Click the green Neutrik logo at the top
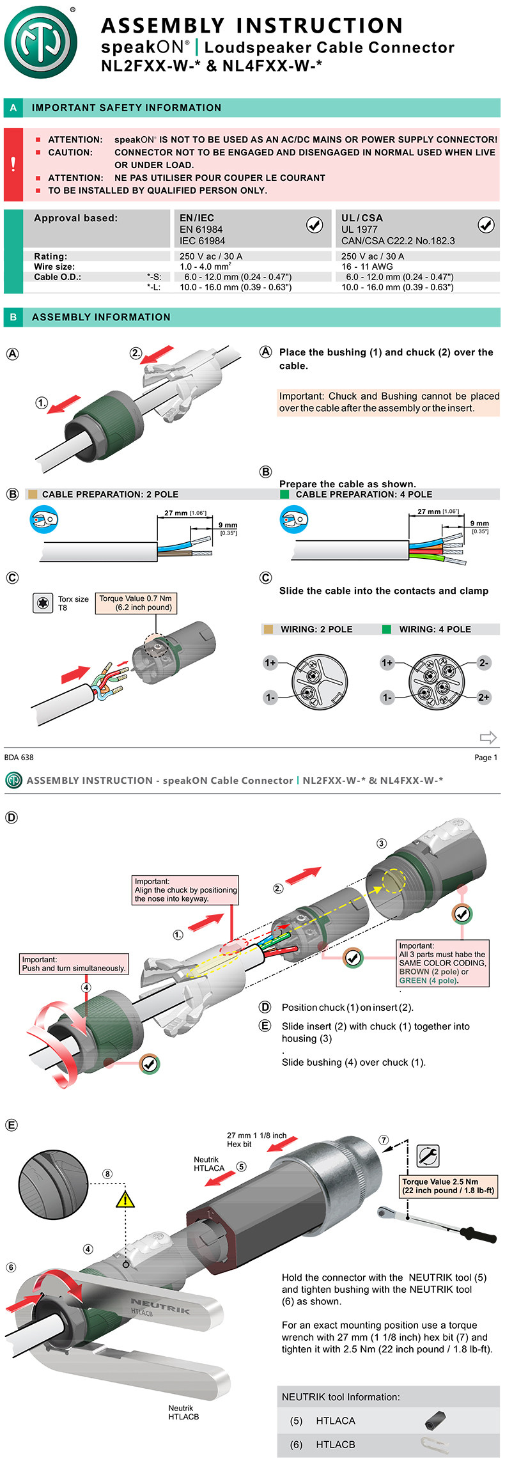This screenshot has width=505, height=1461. (x=40, y=42)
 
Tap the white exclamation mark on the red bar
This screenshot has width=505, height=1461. (x=13, y=164)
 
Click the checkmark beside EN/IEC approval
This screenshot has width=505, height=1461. (x=315, y=224)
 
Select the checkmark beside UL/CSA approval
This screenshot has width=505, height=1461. (x=486, y=224)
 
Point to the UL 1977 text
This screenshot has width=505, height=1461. (x=359, y=230)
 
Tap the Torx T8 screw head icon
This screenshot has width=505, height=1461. (x=43, y=603)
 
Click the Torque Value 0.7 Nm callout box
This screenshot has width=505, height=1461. (x=136, y=603)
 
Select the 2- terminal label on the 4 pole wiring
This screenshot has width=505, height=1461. (x=484, y=663)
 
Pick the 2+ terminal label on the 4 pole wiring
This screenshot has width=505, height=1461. (x=484, y=697)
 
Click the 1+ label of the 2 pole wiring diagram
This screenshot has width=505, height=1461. (x=270, y=663)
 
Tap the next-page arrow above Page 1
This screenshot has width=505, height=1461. (x=488, y=737)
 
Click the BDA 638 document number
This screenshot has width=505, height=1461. (x=19, y=758)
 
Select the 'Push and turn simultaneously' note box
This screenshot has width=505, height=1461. (x=74, y=964)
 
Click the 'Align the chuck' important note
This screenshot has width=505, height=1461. (x=185, y=890)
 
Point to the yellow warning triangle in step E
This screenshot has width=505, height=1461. (x=125, y=1198)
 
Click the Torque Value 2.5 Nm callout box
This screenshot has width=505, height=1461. (x=448, y=1186)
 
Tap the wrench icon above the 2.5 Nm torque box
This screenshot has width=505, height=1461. (x=428, y=1155)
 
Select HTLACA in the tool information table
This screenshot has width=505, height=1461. (x=336, y=1421)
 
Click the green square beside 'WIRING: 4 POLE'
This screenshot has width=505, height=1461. (x=386, y=629)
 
